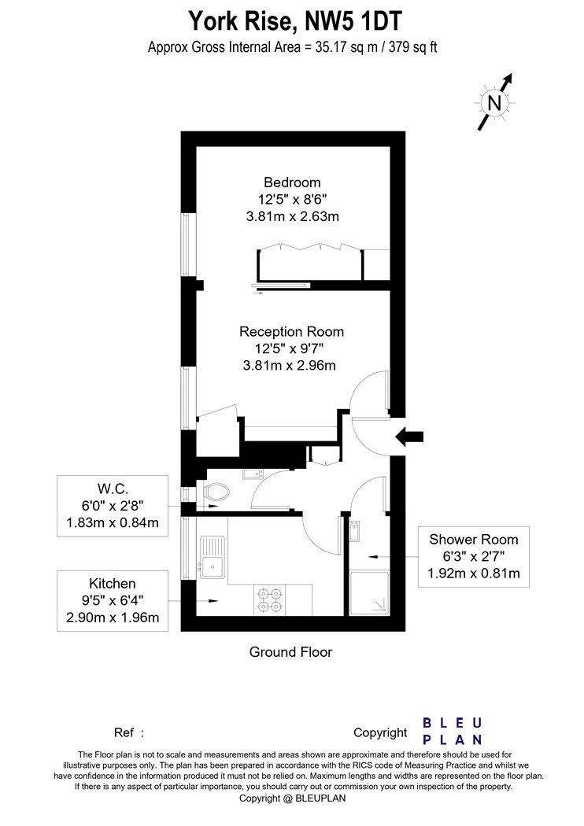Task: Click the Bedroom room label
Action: coord(292,183)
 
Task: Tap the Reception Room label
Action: coord(291,331)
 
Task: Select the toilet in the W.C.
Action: coord(216,492)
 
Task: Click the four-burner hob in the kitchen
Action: coord(269,600)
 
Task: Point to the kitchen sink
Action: coord(212,556)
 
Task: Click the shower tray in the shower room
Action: coord(369,593)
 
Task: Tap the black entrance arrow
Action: coord(409,436)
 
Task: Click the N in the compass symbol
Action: coord(494,102)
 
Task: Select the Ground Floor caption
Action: coord(291,651)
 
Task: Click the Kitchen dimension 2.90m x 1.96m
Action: coord(113,618)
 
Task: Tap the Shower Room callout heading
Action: coord(473,539)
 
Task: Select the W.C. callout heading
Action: coord(113,489)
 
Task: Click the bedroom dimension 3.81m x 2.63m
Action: coord(293,216)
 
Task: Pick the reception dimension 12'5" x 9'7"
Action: coord(289,348)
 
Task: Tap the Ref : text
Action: coord(129,732)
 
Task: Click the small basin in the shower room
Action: coord(354,531)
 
